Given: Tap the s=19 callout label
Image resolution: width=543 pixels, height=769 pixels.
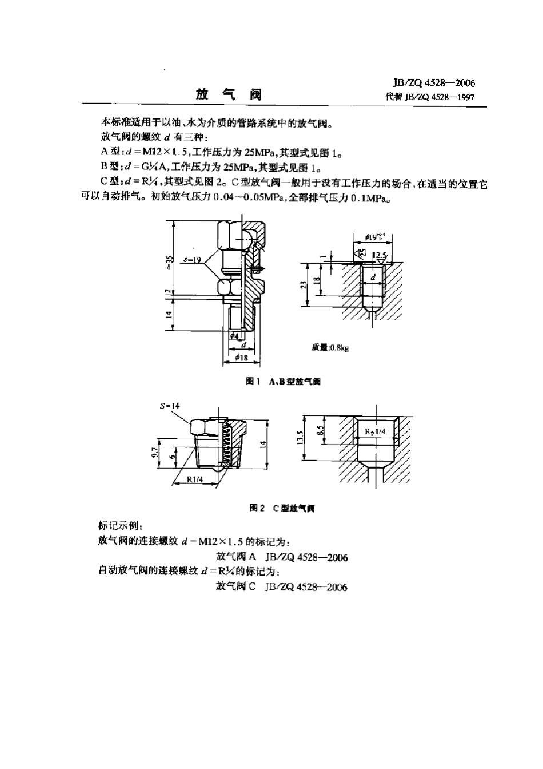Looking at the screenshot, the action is click(195, 260).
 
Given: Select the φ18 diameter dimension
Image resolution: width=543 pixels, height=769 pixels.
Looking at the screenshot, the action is click(241, 358).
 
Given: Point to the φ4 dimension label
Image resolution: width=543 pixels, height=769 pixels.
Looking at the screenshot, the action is click(233, 337).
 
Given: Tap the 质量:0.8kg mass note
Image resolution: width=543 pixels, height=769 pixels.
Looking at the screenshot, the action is click(330, 347).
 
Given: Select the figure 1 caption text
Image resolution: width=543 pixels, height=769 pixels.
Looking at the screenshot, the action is click(283, 382).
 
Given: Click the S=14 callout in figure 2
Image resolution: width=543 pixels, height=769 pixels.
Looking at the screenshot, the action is click(169, 406).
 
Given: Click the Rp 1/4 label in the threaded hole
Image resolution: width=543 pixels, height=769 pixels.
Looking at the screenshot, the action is click(374, 432).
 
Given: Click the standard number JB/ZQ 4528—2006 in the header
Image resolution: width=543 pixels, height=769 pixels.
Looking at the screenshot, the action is click(430, 84).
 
